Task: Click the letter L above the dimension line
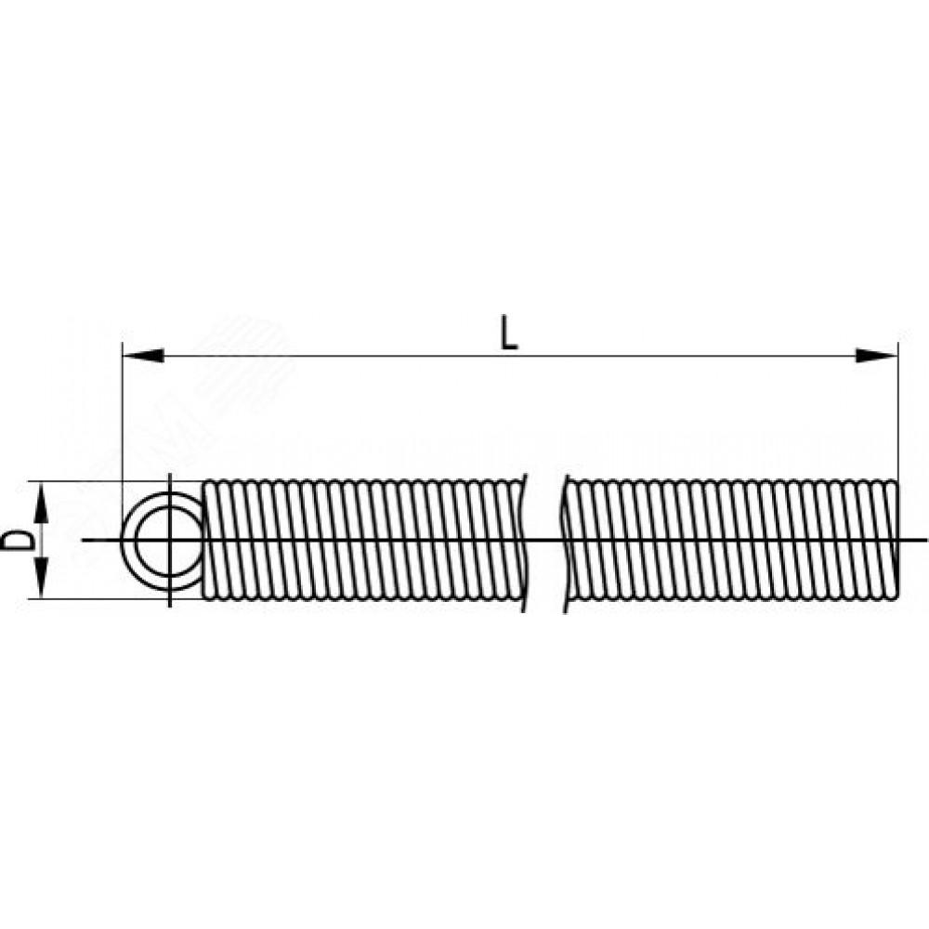509,334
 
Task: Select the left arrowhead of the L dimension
143,356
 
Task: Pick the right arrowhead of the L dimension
877,356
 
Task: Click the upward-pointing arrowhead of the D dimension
40,503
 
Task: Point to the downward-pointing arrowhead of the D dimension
40,577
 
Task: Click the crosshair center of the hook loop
170,540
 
